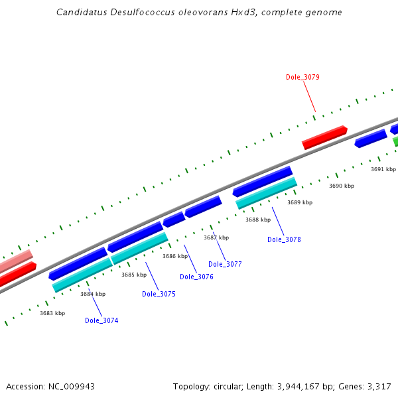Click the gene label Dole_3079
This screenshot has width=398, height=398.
pos(302,77)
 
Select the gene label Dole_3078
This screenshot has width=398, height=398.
pos(284,239)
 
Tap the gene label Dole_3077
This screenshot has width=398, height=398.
pos(225,264)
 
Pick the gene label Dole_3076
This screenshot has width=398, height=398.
pos(196,277)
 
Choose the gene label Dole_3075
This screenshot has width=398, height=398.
pos(159,294)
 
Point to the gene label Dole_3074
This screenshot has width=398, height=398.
pos(101,320)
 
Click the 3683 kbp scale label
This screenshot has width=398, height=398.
pos(52,313)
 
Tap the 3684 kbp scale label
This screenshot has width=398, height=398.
pos(93,294)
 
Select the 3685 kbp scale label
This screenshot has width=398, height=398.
pos(134,275)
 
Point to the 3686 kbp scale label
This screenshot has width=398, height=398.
pos(175,256)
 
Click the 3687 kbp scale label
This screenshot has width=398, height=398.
pos(216,237)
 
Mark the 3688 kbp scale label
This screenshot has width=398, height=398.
pos(258,220)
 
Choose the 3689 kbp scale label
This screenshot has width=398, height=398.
pos(300,202)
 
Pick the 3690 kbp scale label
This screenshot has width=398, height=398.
pos(342,186)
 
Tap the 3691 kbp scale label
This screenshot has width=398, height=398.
pos(383,169)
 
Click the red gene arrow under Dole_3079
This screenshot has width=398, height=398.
pos(325,137)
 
